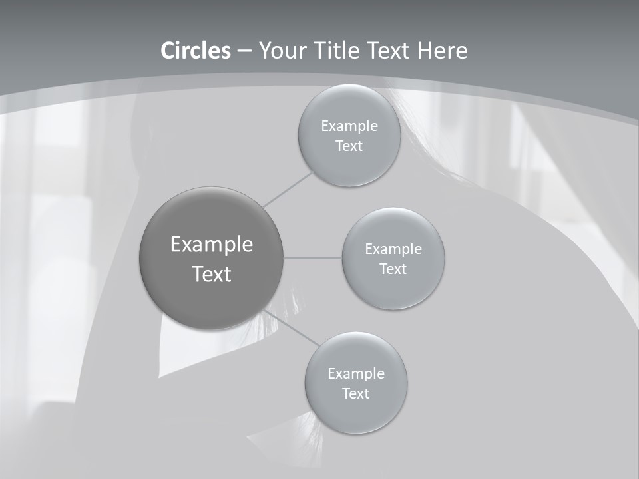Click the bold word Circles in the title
196,51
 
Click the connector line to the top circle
288,189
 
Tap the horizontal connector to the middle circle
313,258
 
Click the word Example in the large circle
212,245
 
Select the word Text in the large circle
212,274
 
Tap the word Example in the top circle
349,126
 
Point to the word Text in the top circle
349,146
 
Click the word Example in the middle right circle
393,249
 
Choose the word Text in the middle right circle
393,269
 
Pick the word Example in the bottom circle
356,374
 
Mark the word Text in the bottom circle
355,394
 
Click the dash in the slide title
244,51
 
